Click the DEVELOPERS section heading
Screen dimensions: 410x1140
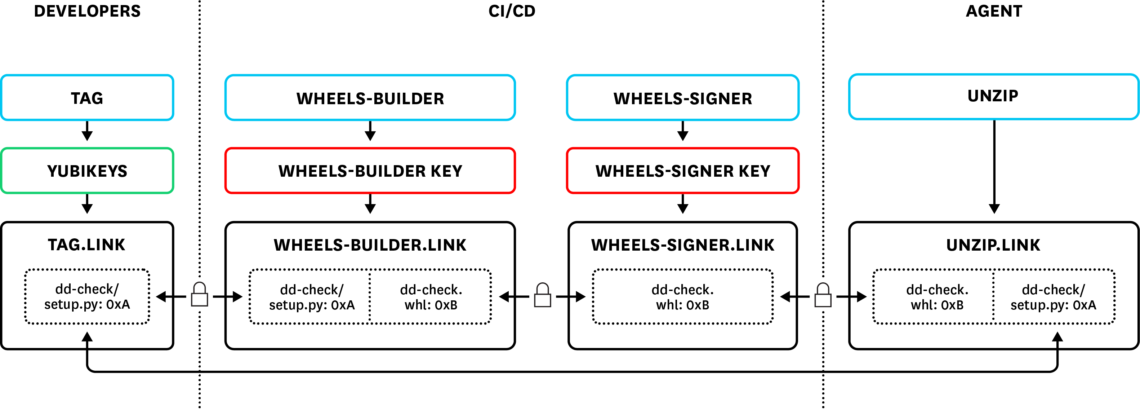click(x=87, y=11)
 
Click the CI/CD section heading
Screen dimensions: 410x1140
click(x=512, y=11)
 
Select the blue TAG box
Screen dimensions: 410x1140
click(x=87, y=98)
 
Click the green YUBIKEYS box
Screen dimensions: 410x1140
click(x=87, y=171)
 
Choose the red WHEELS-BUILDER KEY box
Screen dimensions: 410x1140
click(x=370, y=171)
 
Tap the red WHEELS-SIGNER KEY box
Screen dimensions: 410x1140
click(x=682, y=171)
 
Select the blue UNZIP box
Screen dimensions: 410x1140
click(x=993, y=96)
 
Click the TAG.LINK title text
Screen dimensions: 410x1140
click(x=87, y=245)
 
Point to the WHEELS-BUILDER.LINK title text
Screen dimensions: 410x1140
click(x=370, y=245)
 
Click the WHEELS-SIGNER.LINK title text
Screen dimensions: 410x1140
click(x=682, y=245)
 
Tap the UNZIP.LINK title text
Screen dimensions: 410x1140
click(x=993, y=245)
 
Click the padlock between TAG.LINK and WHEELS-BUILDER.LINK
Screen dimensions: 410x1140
click(x=200, y=295)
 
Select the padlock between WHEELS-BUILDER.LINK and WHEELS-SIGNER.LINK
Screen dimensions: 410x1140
click(x=543, y=296)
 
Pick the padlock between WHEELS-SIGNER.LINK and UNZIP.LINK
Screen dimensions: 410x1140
click(x=823, y=296)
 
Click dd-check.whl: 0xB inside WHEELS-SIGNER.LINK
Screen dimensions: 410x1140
click(x=682, y=297)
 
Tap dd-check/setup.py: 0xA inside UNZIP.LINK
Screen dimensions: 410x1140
click(x=1053, y=297)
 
